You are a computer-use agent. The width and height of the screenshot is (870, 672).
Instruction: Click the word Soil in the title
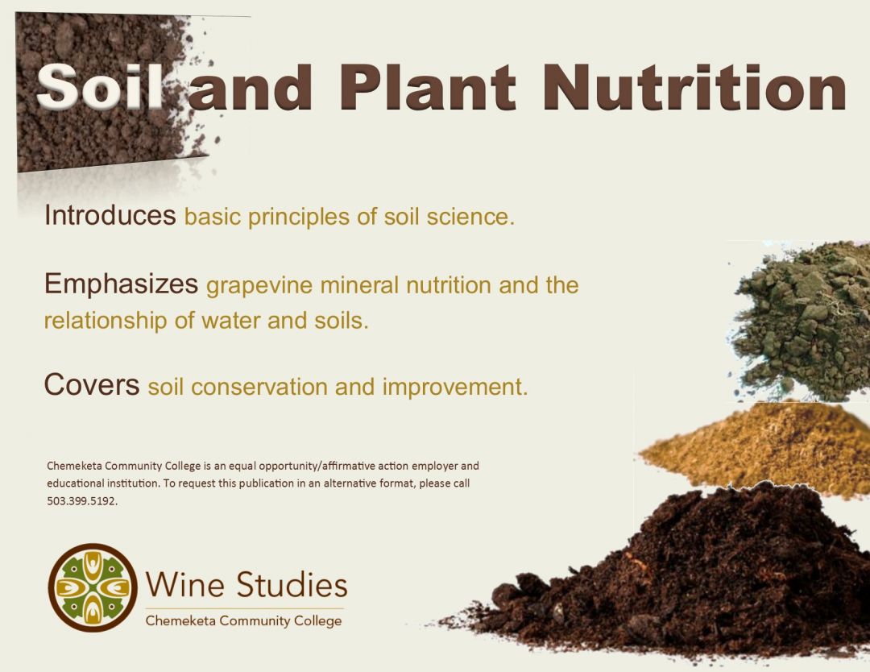(101, 87)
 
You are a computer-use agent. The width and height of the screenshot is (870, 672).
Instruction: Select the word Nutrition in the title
(694, 87)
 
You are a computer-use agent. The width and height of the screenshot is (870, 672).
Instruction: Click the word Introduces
(110, 216)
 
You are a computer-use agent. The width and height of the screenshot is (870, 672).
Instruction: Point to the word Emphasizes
(121, 284)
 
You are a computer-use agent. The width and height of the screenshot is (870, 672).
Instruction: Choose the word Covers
(92, 385)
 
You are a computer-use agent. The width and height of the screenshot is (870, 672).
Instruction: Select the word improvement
(455, 388)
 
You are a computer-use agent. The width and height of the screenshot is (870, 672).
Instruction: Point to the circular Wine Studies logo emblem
(93, 587)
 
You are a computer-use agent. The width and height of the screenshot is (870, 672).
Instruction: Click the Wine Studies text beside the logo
(246, 584)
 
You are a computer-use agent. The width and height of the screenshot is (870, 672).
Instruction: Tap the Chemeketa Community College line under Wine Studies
(243, 621)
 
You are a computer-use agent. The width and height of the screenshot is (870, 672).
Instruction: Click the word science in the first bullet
(473, 218)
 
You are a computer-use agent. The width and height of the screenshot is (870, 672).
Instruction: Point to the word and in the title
(251, 87)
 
